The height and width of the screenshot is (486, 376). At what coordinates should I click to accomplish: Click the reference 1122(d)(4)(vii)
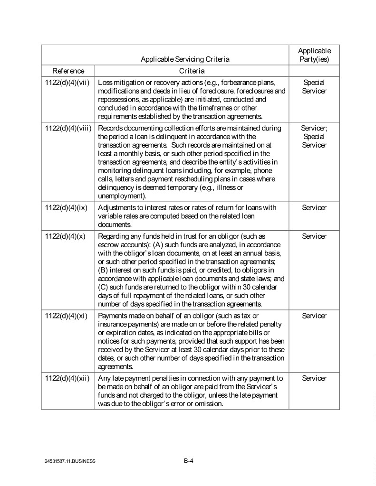67,82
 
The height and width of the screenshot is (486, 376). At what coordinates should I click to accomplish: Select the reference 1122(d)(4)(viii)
68,128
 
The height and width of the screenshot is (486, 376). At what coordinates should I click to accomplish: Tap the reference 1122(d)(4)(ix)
67,208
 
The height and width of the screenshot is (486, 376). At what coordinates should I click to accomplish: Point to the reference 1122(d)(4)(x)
65,236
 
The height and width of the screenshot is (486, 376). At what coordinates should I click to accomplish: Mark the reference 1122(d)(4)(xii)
67,378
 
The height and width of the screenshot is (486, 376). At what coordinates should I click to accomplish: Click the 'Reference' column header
68,71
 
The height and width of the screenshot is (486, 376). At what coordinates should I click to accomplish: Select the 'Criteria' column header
192,71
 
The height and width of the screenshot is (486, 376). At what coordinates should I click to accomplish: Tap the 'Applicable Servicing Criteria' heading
185,59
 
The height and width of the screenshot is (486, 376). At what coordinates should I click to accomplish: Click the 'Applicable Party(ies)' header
314,55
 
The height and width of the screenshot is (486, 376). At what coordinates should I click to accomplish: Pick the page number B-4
188,460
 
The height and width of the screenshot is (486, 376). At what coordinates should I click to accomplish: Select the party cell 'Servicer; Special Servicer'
314,137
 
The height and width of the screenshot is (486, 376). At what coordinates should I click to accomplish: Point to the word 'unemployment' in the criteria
121,196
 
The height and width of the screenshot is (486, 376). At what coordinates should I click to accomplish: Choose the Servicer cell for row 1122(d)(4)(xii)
314,378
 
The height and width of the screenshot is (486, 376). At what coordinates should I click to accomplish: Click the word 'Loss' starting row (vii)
105,82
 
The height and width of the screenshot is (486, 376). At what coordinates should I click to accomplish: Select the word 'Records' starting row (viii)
111,128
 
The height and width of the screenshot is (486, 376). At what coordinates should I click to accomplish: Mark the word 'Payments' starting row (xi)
113,316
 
